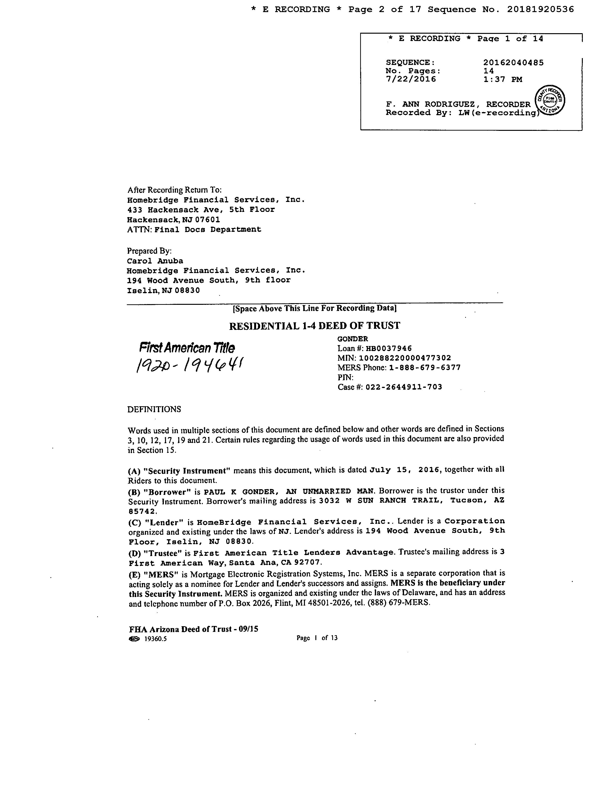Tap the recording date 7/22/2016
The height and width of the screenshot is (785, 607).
(411, 79)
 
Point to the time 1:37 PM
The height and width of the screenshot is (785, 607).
(502, 79)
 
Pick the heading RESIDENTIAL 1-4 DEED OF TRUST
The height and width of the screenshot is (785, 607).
(315, 326)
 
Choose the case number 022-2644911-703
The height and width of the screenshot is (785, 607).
(404, 387)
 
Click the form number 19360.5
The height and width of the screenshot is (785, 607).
(155, 639)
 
